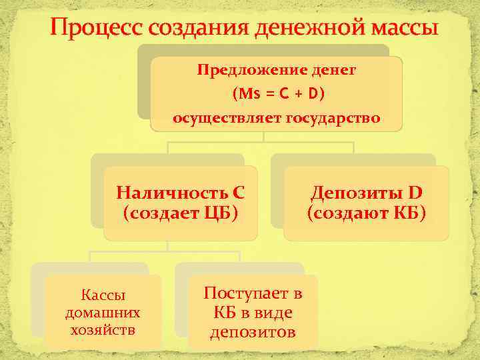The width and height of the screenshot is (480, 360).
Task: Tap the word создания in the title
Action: [190, 29]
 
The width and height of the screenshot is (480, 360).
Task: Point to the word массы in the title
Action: [399, 29]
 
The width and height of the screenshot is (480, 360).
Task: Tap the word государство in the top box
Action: [333, 119]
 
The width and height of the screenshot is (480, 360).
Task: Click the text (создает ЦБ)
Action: [180, 213]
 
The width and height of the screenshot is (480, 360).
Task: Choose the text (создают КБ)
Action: [366, 213]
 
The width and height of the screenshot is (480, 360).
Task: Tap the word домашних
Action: [103, 312]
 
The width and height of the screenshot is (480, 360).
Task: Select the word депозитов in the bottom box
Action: [253, 331]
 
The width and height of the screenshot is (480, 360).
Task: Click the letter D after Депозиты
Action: [415, 193]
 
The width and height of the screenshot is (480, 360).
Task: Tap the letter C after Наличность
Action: [239, 193]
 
